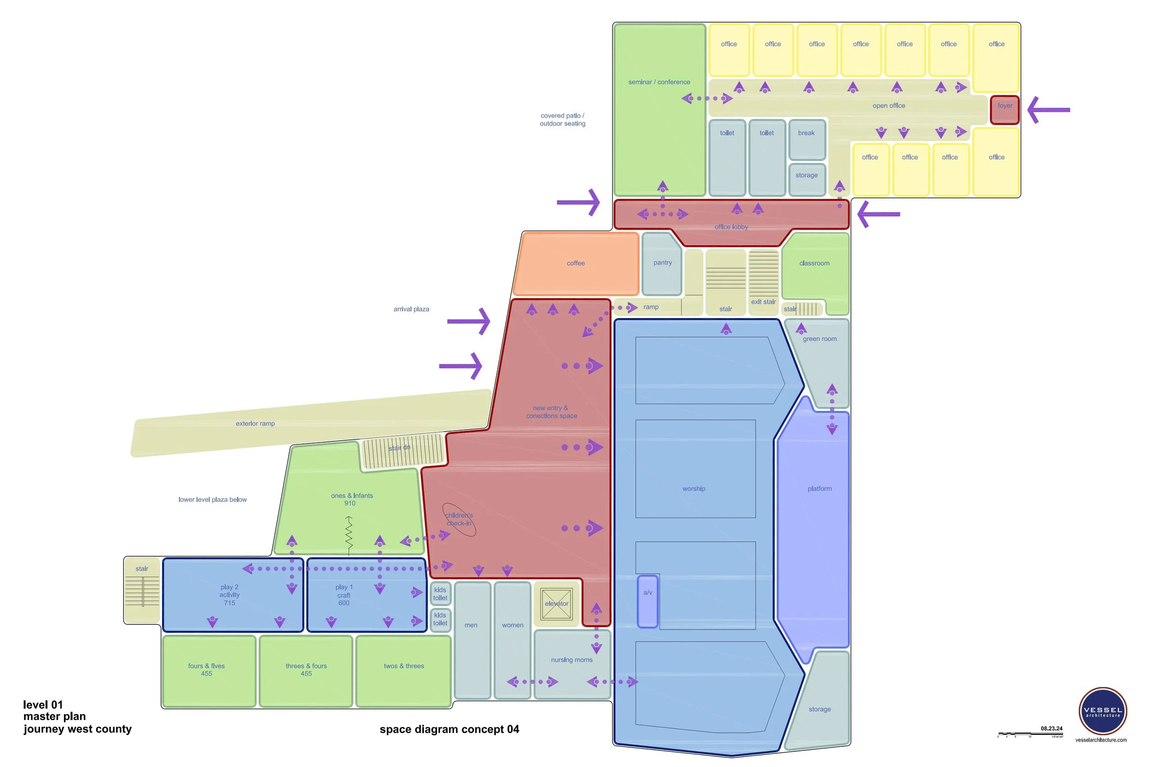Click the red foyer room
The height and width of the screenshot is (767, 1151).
[1005, 110]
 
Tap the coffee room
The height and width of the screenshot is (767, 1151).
[576, 264]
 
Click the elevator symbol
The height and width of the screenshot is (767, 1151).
[557, 604]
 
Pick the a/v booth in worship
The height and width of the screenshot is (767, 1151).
[647, 601]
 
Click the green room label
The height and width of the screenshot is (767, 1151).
[820, 339]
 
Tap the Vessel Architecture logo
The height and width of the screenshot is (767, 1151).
[1103, 711]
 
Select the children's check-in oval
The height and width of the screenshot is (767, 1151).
[459, 519]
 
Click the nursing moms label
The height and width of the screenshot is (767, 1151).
[571, 660]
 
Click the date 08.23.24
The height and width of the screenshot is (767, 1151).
[1051, 728]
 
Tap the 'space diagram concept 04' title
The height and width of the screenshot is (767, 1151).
[449, 729]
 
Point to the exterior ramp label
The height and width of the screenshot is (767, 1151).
[255, 424]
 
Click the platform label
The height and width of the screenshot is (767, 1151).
[820, 489]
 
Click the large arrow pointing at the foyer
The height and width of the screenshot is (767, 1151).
[1049, 110]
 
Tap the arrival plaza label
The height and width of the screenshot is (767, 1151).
[411, 309]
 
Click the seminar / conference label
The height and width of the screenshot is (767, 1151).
[659, 82]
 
